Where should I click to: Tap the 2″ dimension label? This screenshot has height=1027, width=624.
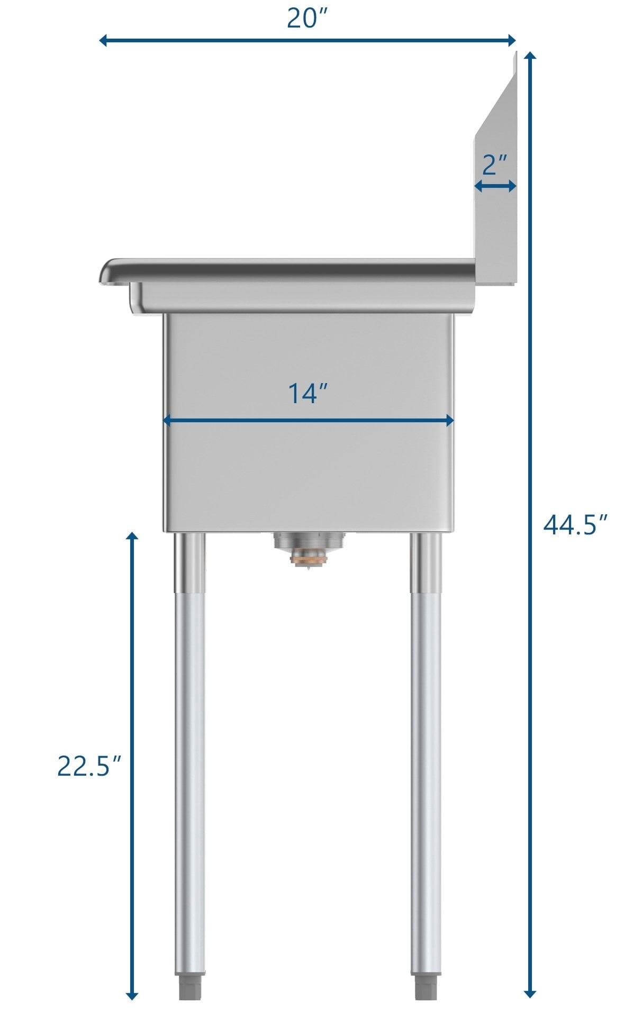tap(495, 165)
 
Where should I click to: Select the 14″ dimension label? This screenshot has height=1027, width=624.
tap(308, 394)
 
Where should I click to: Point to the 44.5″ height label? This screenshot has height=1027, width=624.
tap(574, 525)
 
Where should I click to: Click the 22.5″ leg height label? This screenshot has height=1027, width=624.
tap(89, 766)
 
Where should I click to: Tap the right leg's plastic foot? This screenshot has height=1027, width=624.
tap(426, 987)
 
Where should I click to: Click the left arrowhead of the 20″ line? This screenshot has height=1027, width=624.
tap(104, 40)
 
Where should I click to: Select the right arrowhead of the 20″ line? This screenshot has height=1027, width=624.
tap(511, 40)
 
